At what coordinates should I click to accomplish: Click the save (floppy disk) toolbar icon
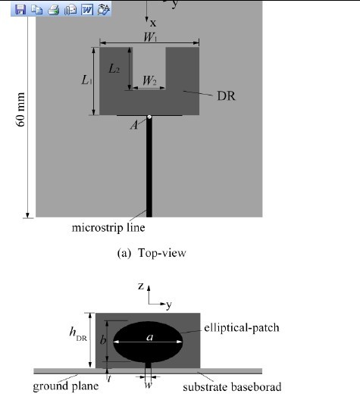(20, 10)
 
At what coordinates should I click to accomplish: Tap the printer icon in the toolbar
(54, 10)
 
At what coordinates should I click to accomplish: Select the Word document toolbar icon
(87, 10)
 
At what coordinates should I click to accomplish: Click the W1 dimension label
(151, 37)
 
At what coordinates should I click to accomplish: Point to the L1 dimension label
(86, 80)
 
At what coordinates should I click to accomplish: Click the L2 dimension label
(114, 69)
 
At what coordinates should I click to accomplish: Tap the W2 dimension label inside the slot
(149, 80)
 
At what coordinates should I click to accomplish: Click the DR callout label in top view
(226, 96)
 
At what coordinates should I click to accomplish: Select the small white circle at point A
(149, 117)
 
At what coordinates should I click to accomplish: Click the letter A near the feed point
(134, 125)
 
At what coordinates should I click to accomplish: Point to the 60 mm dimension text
(20, 109)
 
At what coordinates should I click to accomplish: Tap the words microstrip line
(108, 227)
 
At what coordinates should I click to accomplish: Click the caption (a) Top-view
(152, 253)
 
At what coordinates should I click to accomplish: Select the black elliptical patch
(148, 342)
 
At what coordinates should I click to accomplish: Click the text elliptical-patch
(242, 327)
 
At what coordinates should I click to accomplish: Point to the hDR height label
(78, 334)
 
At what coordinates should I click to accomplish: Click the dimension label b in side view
(103, 340)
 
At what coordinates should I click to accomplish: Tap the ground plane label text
(66, 386)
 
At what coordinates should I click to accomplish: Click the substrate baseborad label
(232, 387)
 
